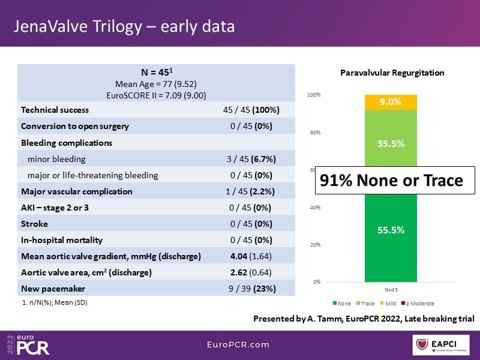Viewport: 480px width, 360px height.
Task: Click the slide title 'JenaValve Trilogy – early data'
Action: click(x=124, y=27)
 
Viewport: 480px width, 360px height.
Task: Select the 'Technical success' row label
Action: click(x=55, y=110)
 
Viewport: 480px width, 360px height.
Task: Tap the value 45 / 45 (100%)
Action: click(x=251, y=110)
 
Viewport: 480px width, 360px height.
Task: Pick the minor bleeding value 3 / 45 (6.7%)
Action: click(x=251, y=159)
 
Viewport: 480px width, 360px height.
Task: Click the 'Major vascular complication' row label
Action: click(x=77, y=191)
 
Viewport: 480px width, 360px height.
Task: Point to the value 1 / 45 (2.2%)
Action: click(x=251, y=191)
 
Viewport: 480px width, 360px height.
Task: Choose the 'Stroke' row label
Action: click(x=34, y=224)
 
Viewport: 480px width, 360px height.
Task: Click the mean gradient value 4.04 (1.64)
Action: click(x=251, y=256)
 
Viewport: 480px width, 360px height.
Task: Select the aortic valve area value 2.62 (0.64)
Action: click(x=251, y=272)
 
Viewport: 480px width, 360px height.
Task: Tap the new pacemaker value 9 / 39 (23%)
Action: click(x=251, y=288)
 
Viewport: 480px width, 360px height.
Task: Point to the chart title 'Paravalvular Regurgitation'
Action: click(x=392, y=73)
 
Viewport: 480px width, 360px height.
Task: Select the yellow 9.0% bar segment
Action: click(x=391, y=102)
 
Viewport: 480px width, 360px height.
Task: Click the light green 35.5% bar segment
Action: click(x=391, y=144)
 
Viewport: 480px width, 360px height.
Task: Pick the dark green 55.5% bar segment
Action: click(x=391, y=240)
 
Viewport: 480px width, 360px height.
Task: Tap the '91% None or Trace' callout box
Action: click(x=391, y=181)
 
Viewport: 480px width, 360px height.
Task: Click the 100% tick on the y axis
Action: click(x=314, y=95)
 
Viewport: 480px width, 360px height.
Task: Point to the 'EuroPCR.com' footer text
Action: click(x=239, y=345)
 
